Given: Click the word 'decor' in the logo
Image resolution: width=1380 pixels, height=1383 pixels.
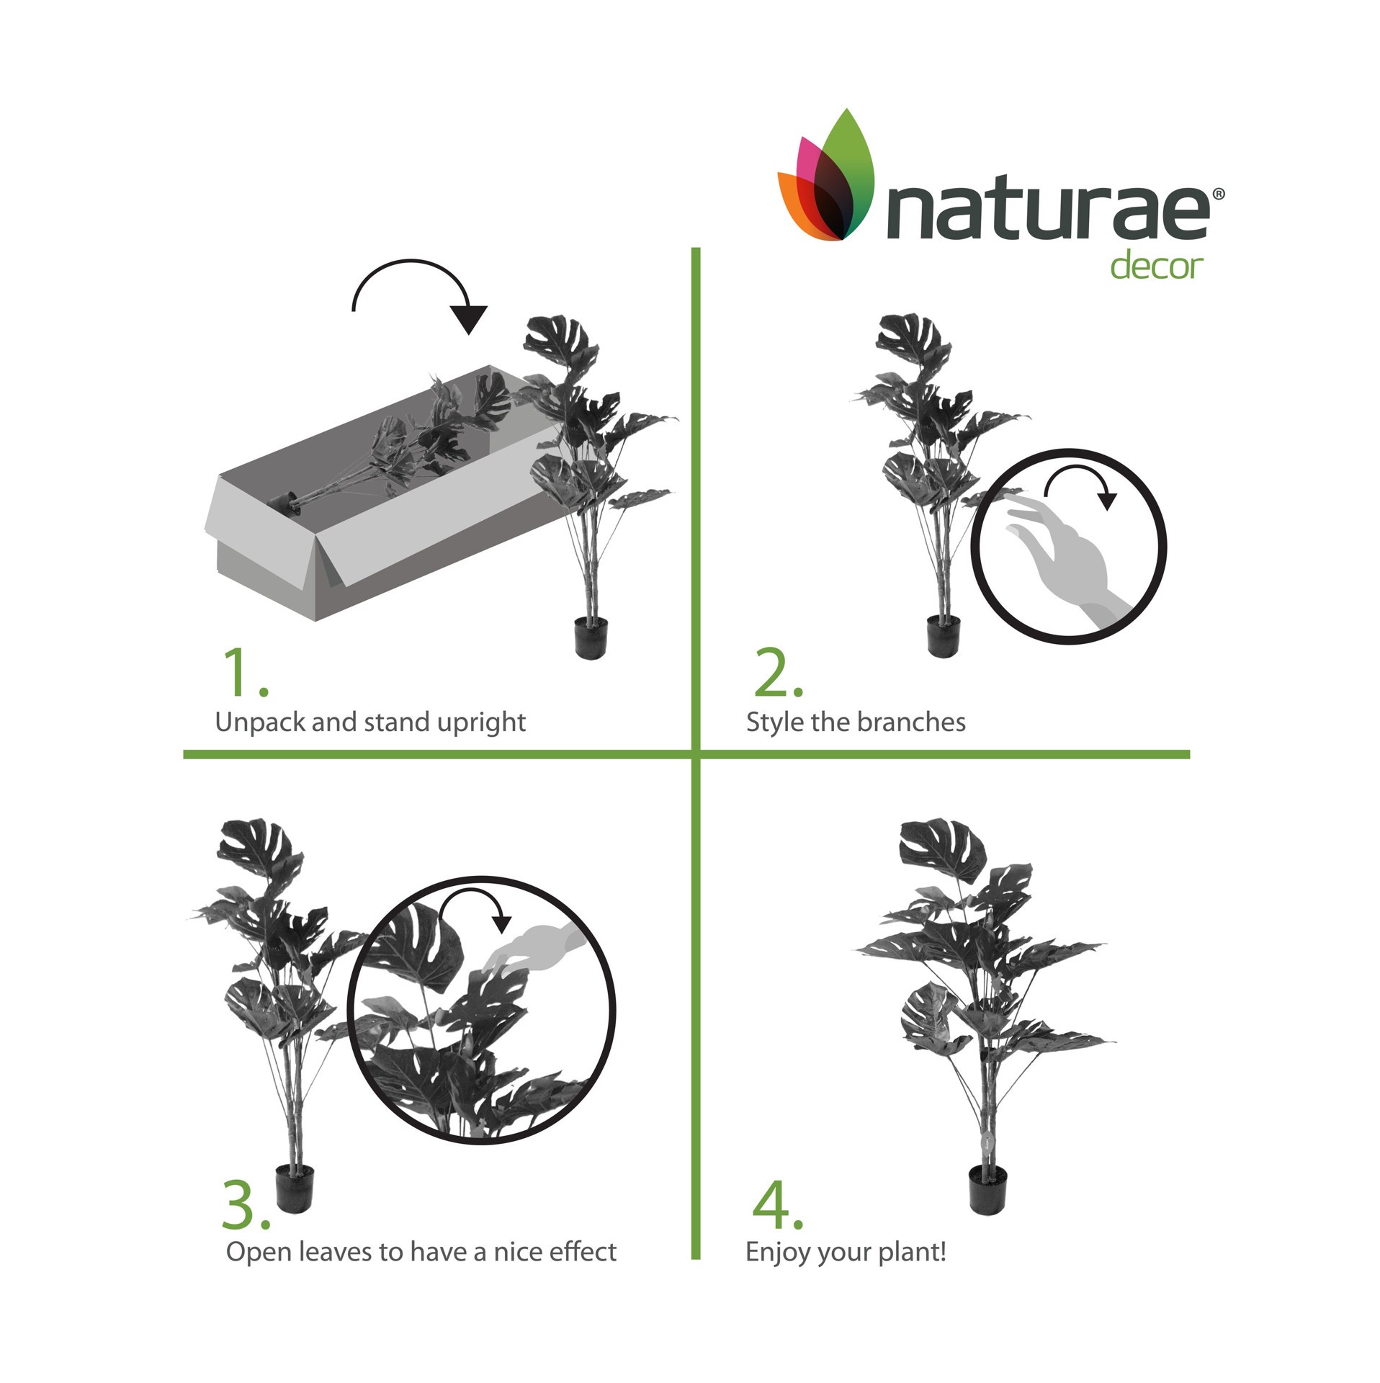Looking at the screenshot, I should tap(1155, 265).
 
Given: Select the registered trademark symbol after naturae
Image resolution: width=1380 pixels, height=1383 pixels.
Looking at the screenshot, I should tap(1218, 193).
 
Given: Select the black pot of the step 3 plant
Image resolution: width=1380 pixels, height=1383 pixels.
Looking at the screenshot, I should tap(295, 1188).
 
